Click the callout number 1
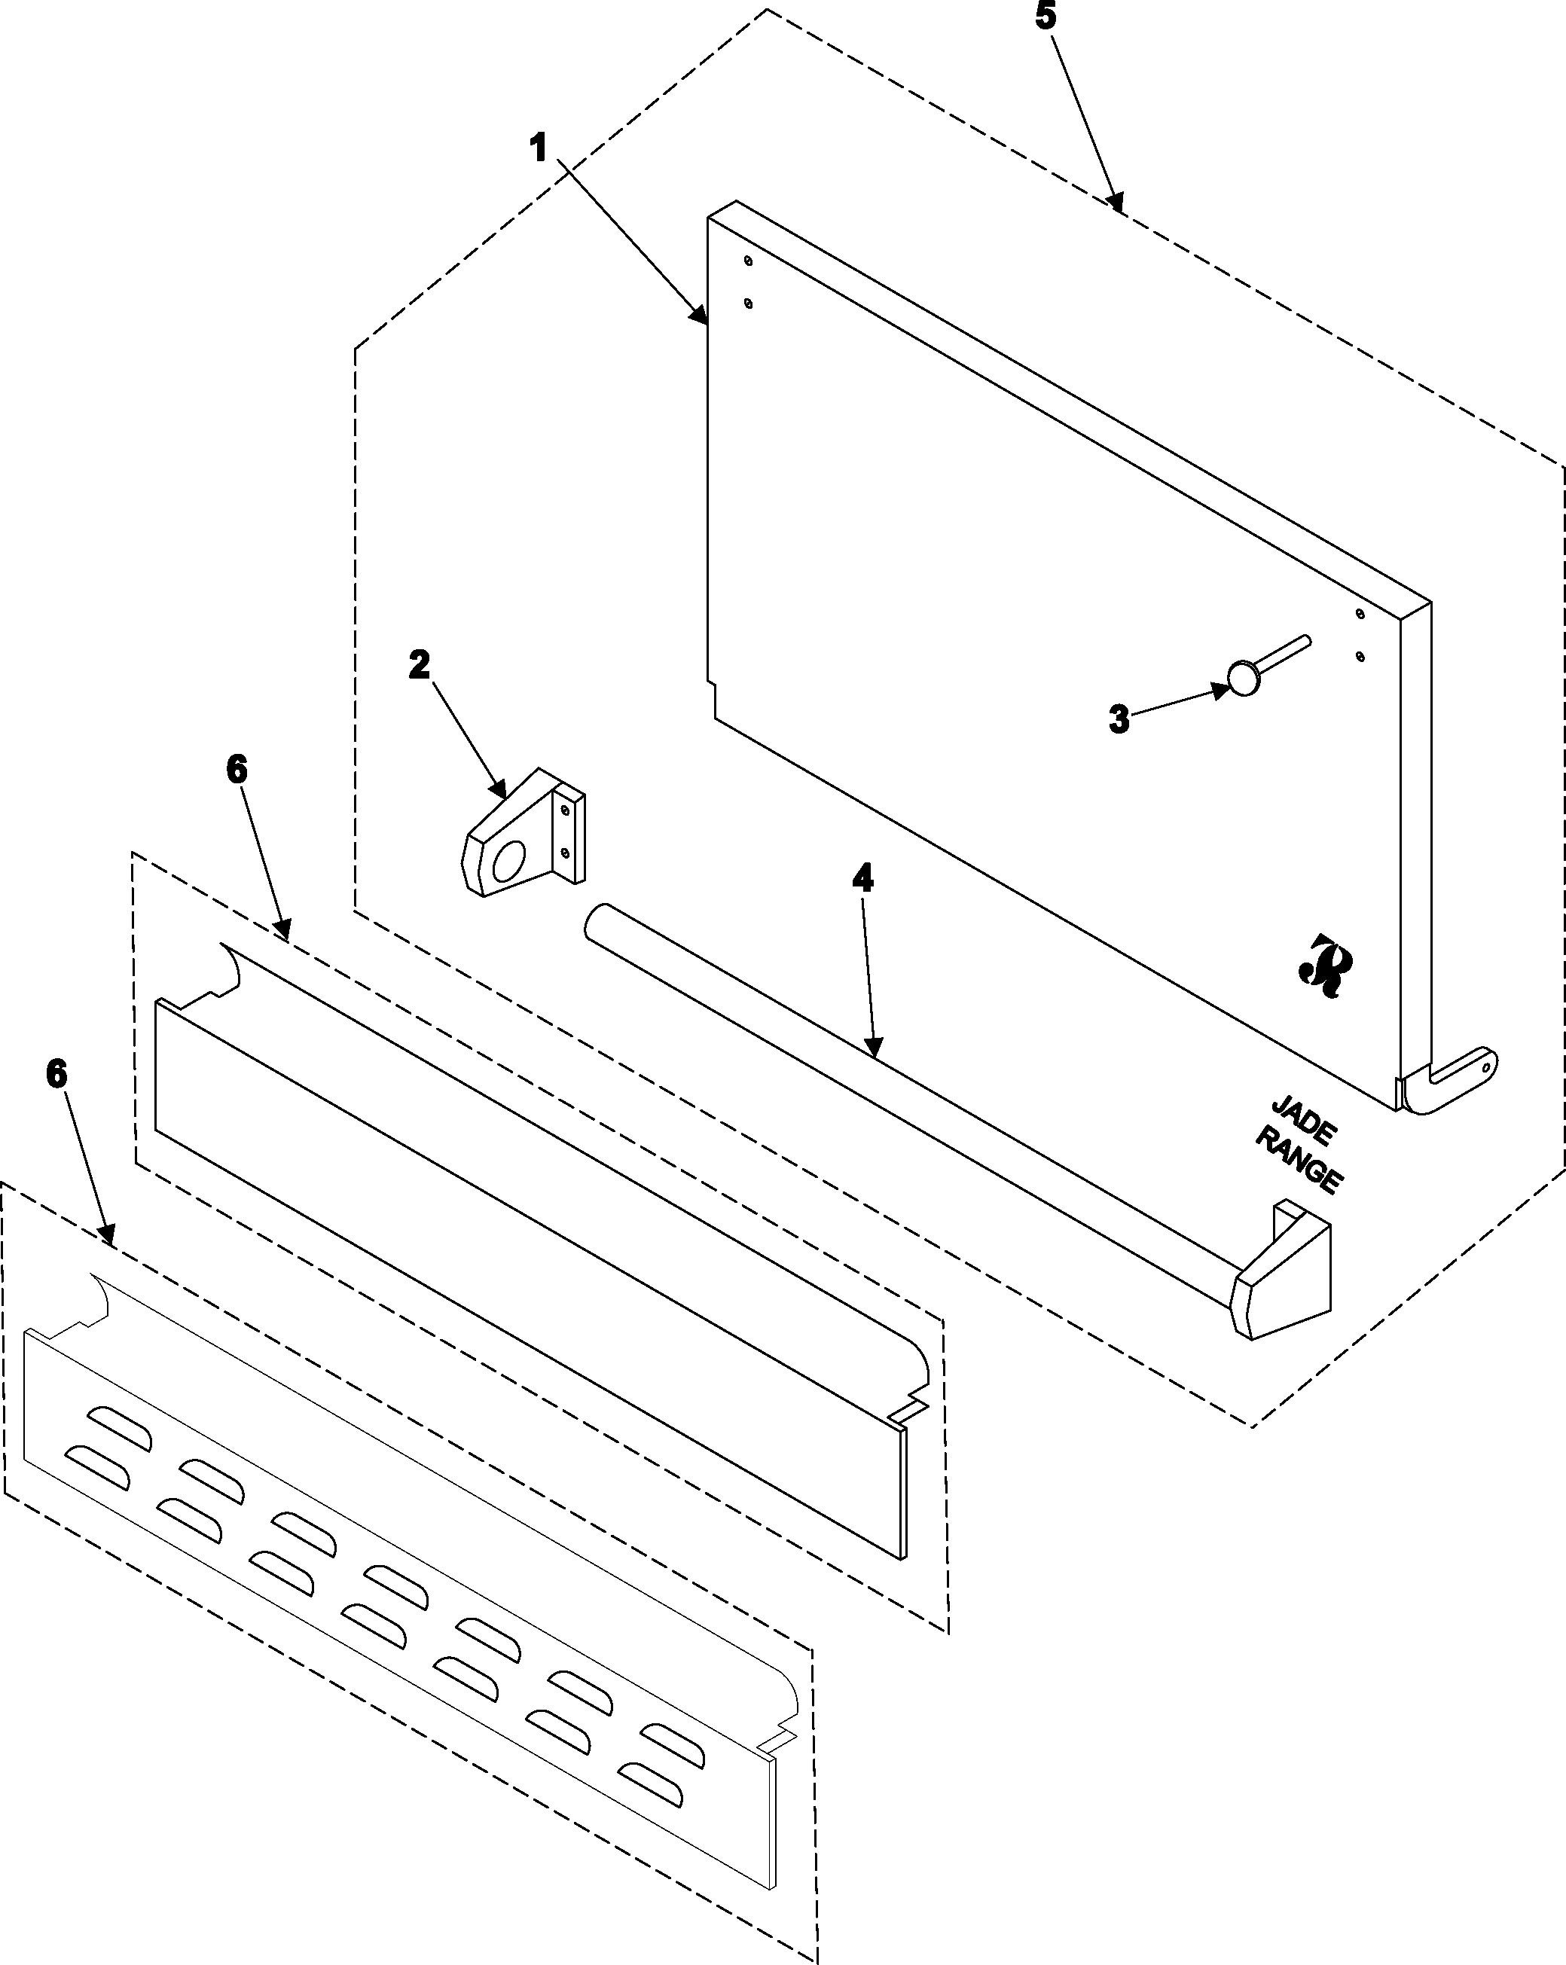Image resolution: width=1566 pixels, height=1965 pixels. pos(539,148)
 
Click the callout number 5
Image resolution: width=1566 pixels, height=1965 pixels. pos(1046,18)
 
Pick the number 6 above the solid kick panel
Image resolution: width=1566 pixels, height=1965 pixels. pos(236,770)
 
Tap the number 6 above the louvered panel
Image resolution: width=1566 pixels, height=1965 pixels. pos(56,1075)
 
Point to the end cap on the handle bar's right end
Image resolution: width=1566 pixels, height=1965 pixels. pos(1281,1270)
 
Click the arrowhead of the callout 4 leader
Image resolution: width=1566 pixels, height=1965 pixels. pos(875,1049)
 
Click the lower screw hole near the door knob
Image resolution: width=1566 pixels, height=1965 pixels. pos(1360,656)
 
